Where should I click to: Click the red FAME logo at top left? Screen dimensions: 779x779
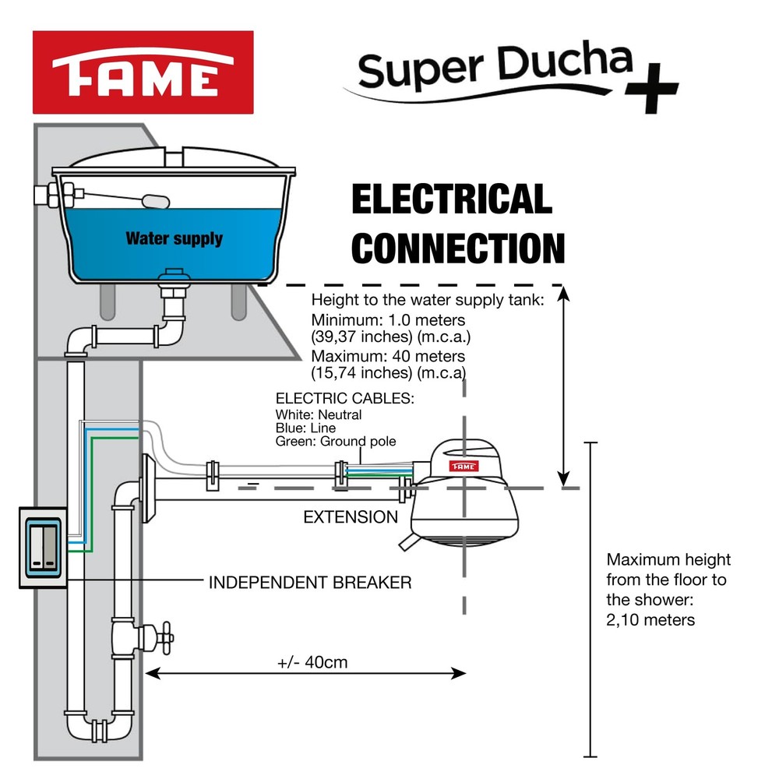coord(143,72)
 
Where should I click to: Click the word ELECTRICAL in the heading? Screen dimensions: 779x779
coord(452,199)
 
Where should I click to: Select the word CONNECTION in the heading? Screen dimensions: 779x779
coord(458,248)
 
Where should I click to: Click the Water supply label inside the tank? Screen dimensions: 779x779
coord(174,238)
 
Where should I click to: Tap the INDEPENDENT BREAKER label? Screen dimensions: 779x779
coord(309,582)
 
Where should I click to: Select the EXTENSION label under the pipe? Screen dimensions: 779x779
coord(351,517)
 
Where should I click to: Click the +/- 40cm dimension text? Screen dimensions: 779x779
coord(312,663)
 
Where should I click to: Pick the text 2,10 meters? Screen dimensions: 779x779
coord(650,620)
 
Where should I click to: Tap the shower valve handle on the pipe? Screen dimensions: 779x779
coord(164,637)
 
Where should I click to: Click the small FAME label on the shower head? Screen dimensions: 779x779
coord(462,466)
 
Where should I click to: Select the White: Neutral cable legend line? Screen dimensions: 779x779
coord(319,415)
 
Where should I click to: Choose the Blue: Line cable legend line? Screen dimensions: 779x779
coord(305,428)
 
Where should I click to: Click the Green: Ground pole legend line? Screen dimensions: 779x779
coord(336,442)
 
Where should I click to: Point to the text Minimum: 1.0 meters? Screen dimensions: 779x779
coord(387,320)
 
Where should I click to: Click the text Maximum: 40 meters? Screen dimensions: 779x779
coord(388,356)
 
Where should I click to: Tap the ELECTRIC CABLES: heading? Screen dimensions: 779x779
coord(345,399)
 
